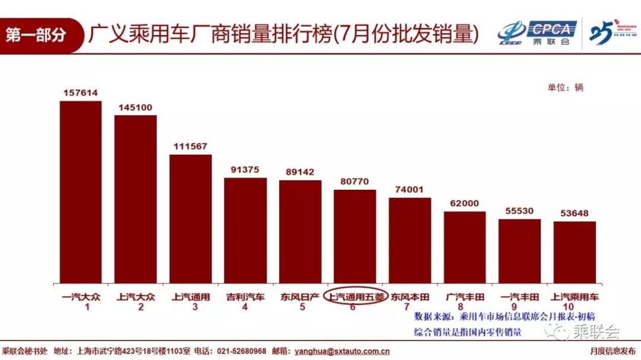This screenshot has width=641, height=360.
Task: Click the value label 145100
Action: pos(135,107)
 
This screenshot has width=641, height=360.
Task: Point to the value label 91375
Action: pos(245,170)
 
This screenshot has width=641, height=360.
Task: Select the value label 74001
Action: pos(410,189)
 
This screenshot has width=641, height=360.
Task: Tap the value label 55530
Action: pos(519,211)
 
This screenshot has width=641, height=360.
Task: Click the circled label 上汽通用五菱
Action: pos(355,297)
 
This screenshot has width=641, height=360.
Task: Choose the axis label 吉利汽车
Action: pos(245,297)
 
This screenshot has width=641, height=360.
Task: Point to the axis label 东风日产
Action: pos(300,297)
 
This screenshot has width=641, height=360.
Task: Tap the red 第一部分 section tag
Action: pos(37,35)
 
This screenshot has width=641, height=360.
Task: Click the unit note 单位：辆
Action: pos(565,87)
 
